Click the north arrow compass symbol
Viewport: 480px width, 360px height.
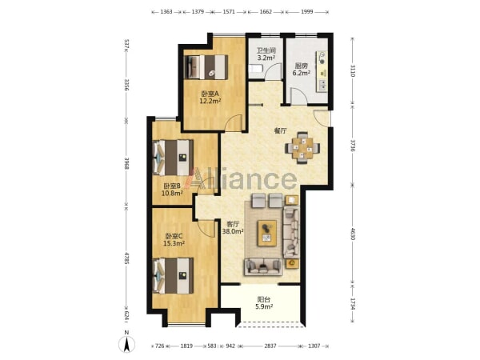pyautogui.click(x=126, y=343)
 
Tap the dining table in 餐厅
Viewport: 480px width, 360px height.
pyautogui.click(x=302, y=148)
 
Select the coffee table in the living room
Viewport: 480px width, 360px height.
pyautogui.click(x=267, y=233)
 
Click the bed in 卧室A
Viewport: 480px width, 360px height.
pyautogui.click(x=206, y=67)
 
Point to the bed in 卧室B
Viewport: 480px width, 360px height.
pyautogui.click(x=174, y=158)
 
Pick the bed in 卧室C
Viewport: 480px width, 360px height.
pyautogui.click(x=174, y=275)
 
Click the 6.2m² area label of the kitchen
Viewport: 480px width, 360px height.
pyautogui.click(x=302, y=73)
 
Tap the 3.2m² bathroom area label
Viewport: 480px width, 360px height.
pyautogui.click(x=266, y=58)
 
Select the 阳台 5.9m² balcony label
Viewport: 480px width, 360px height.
pyautogui.click(x=264, y=302)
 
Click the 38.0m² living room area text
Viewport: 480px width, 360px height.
pyautogui.click(x=233, y=231)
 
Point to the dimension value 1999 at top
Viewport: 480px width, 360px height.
pyautogui.click(x=307, y=12)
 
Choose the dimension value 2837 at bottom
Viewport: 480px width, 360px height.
pyautogui.click(x=270, y=346)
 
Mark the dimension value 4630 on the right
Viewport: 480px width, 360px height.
pyautogui.click(x=353, y=234)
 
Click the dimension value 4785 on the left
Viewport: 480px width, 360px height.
pyautogui.click(x=126, y=258)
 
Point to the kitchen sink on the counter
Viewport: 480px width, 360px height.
pyautogui.click(x=323, y=85)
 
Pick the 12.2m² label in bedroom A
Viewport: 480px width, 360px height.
pyautogui.click(x=210, y=101)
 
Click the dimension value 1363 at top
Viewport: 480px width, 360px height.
pyautogui.click(x=166, y=12)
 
